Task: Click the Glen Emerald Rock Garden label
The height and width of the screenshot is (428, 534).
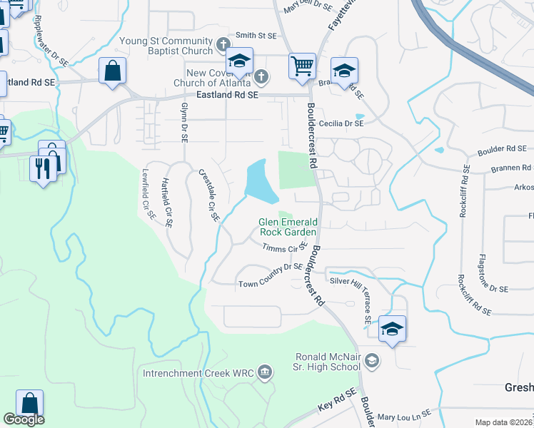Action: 287,227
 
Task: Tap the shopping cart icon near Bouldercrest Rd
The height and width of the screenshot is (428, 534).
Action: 303,66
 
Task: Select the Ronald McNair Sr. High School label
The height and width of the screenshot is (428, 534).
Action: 328,362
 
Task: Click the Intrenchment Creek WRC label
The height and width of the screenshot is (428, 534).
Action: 198,373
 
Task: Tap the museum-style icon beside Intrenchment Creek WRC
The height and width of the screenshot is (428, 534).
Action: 265,371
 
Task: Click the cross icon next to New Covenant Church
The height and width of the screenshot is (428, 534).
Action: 262,76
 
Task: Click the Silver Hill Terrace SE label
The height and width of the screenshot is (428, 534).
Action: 366,299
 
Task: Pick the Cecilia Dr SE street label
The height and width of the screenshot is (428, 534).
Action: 342,123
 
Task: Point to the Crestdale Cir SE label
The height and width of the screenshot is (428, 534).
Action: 208,194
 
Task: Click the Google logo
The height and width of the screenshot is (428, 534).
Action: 24,419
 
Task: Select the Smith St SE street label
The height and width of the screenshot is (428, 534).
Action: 256,35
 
